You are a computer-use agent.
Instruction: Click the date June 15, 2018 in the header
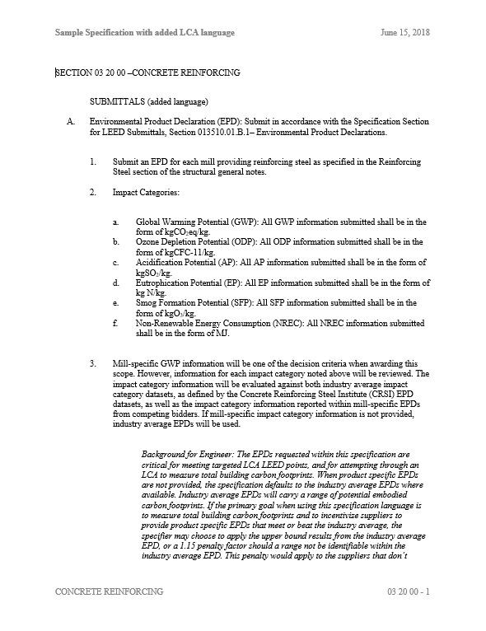[406, 32]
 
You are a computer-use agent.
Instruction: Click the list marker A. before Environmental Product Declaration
[71, 121]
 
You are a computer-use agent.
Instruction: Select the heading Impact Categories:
[151, 193]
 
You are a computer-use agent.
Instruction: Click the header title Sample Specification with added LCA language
[145, 32]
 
